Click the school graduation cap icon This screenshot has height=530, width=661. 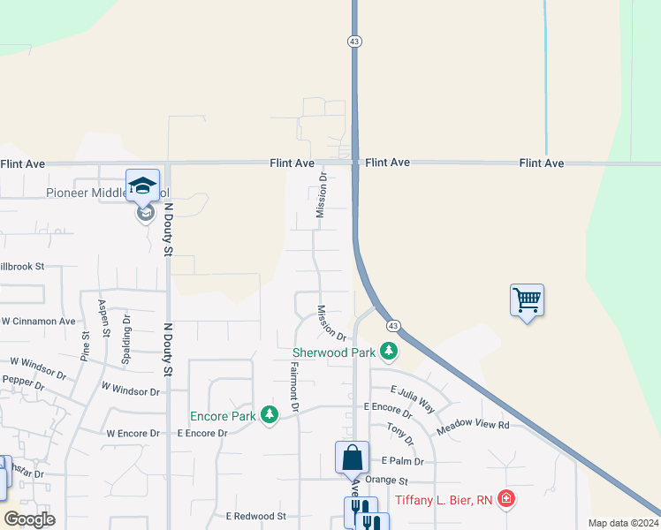[x=142, y=186]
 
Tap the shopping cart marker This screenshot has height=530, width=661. [x=527, y=300]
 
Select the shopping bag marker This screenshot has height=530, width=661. [x=352, y=458]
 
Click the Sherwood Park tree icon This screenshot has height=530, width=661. [x=388, y=352]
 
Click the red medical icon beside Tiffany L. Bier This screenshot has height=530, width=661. [x=505, y=500]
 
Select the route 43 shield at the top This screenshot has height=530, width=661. [x=354, y=41]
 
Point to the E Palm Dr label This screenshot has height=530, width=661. [x=402, y=461]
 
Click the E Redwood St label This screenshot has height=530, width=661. [x=256, y=516]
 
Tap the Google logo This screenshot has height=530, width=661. [x=29, y=519]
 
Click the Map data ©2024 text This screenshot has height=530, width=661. [x=623, y=523]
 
